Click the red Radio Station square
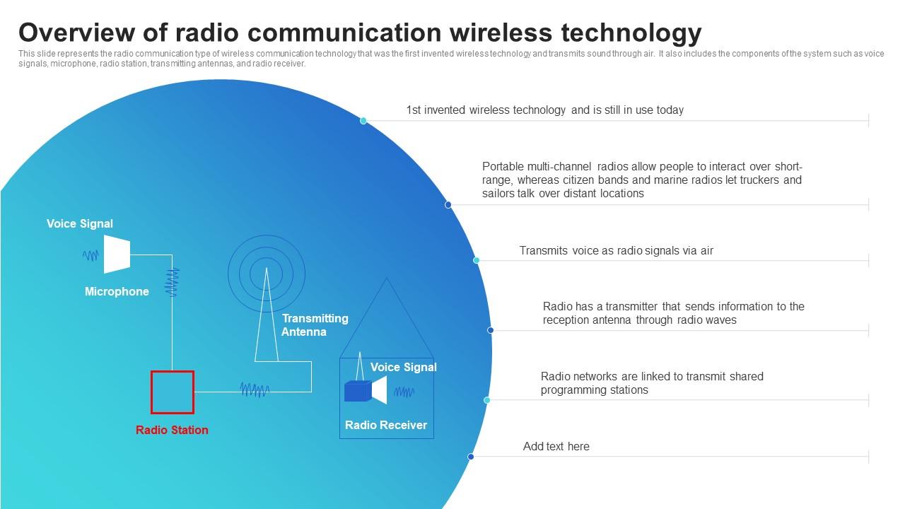point(173,392)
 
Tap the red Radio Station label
point(172,430)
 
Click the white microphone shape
point(117,255)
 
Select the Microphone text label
point(117,291)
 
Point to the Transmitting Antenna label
point(315,325)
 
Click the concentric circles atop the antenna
point(267,273)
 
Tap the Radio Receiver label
point(386,425)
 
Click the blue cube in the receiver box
point(358,391)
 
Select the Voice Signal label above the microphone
point(80,223)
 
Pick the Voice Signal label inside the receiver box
point(404,367)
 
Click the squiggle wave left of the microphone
point(90,256)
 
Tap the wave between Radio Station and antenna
point(255,390)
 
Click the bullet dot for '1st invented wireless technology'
point(363,121)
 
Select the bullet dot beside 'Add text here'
point(471,457)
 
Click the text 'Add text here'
point(556,446)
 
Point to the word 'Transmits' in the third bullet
point(542,250)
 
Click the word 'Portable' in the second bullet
point(503,167)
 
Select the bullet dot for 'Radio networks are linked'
point(487,400)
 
